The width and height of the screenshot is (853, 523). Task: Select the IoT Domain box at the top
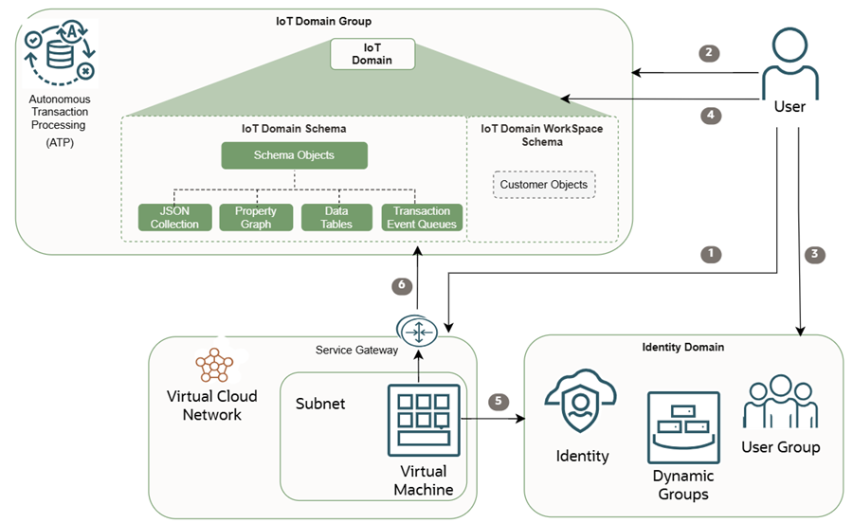(x=373, y=53)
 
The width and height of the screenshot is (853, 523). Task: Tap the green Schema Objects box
(x=294, y=155)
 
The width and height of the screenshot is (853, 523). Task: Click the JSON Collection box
(x=174, y=217)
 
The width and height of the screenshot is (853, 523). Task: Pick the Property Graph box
(x=256, y=217)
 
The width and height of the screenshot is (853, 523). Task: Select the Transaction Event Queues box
(x=422, y=217)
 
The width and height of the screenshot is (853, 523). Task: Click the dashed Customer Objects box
(x=544, y=185)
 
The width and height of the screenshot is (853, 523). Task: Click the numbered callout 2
(x=708, y=53)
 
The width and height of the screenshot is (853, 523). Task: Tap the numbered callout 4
(x=708, y=116)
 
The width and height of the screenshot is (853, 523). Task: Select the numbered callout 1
(x=708, y=254)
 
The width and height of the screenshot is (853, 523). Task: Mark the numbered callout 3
(x=814, y=254)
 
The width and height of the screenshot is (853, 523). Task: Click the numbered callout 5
(x=499, y=401)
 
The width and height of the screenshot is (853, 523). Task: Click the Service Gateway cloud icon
(x=417, y=332)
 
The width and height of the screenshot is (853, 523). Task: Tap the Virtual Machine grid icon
(x=424, y=420)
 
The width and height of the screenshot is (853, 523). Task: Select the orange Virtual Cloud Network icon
(x=214, y=364)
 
